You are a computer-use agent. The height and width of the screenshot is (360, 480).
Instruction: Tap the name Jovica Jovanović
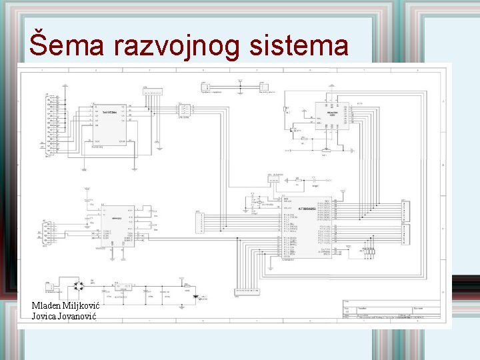[64, 315]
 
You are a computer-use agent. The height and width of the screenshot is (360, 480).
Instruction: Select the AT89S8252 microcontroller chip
[307, 226]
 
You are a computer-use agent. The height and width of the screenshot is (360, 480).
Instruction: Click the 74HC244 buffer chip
[111, 125]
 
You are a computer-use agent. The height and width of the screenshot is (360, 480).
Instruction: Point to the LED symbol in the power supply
[195, 297]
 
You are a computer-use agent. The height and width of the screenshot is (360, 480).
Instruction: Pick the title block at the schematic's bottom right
[391, 311]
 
